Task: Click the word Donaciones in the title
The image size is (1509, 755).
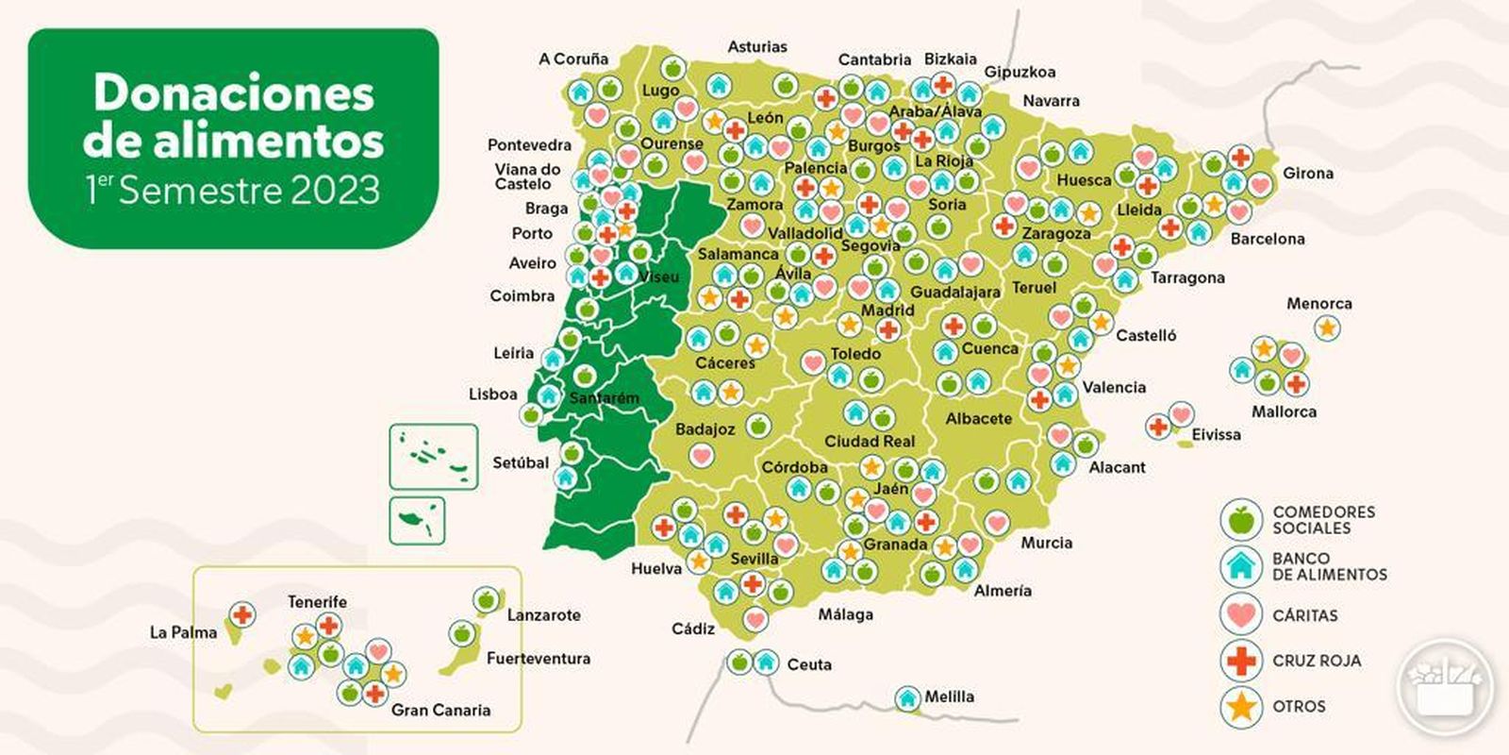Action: coord(234,92)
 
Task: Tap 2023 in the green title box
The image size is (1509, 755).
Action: coord(335,191)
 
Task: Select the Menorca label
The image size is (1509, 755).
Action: coord(1318,304)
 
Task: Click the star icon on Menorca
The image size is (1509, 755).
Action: coord(1327,328)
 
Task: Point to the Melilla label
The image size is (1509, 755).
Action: coord(949,696)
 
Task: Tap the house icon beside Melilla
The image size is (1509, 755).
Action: coord(907,698)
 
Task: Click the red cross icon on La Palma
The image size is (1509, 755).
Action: coord(242,615)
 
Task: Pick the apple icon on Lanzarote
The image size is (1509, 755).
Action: coord(487,599)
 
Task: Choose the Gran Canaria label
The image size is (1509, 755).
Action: coord(440,710)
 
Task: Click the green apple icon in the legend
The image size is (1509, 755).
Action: coord(1241,519)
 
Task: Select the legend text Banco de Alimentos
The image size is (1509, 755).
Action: coord(1329,566)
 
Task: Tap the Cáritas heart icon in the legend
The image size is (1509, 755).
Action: coord(1241,614)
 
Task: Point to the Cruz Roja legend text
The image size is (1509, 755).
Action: coord(1317,661)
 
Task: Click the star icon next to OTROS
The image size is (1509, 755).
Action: coord(1241,706)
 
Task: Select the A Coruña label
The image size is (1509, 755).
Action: coord(573,59)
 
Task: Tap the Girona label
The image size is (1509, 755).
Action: coord(1307,173)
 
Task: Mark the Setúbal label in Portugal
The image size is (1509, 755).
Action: coord(521,462)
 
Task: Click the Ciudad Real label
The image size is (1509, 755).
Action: coord(870,441)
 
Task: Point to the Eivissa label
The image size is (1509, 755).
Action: coord(1216,434)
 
